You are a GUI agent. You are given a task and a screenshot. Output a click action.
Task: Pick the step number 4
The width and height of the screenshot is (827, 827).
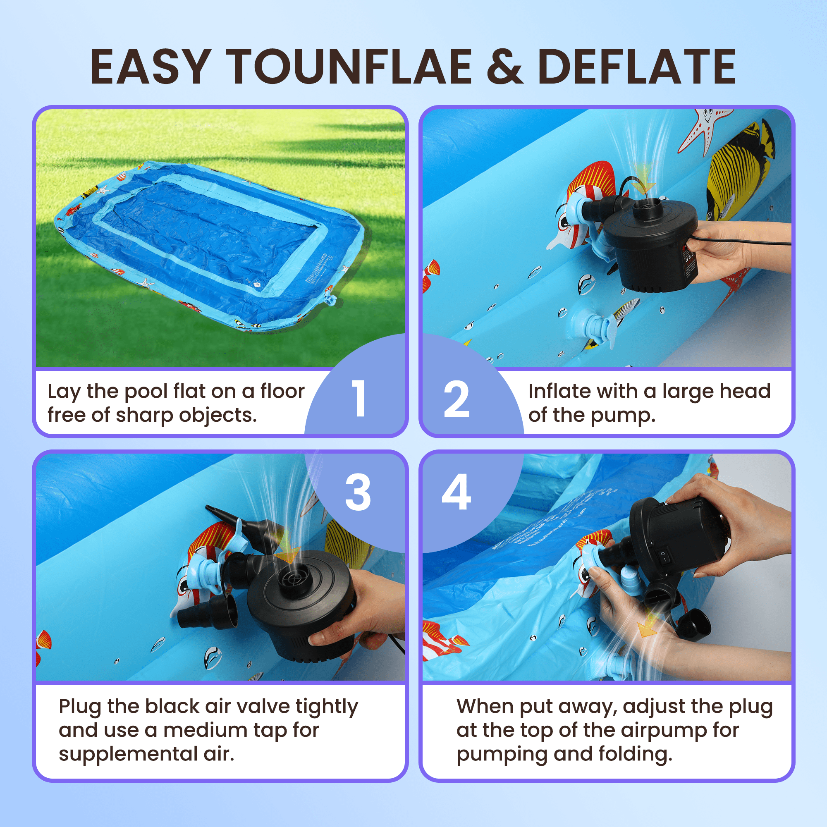pyautogui.click(x=457, y=493)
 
